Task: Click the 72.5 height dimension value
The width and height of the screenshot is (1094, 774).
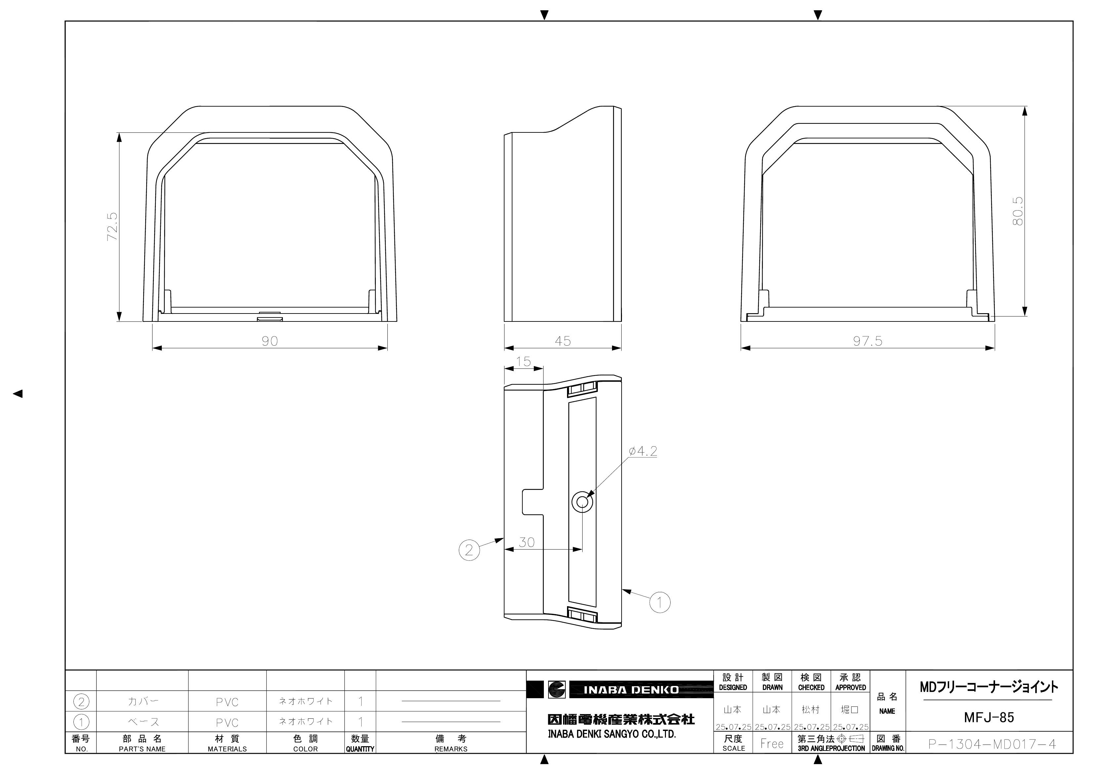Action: click(x=112, y=226)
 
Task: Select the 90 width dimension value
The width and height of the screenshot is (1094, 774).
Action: click(x=270, y=341)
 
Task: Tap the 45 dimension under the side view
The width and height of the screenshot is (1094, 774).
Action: click(x=563, y=341)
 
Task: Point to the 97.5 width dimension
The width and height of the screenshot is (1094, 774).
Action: click(x=868, y=341)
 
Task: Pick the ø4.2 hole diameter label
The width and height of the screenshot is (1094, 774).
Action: click(x=643, y=451)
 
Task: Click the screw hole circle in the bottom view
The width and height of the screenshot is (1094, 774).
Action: click(x=582, y=502)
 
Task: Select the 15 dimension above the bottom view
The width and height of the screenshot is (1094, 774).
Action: click(x=524, y=362)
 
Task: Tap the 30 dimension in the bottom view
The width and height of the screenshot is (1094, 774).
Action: click(x=527, y=542)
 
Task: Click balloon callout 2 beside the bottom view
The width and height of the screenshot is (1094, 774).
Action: click(x=469, y=550)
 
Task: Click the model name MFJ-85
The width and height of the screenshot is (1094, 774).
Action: click(x=989, y=717)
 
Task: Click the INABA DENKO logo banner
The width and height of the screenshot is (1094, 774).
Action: click(x=631, y=690)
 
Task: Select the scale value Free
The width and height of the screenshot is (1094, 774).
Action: click(x=772, y=744)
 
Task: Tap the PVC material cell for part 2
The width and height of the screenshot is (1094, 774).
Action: click(x=227, y=702)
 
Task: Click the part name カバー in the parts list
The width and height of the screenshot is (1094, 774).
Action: click(x=143, y=701)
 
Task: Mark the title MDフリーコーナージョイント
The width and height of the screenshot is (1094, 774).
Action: click(x=989, y=687)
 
